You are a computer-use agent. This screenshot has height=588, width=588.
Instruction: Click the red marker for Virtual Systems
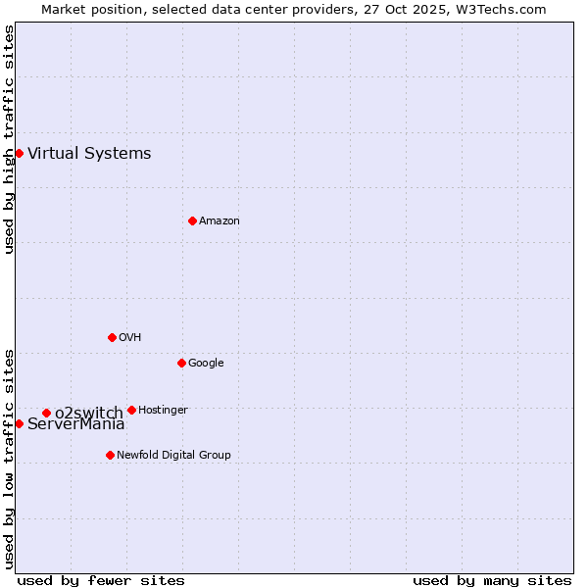[19, 153]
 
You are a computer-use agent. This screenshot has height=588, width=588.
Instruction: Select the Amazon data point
[192, 220]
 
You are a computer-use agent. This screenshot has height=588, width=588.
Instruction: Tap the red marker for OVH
[112, 337]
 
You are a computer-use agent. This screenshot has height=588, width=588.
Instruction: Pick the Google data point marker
[181, 363]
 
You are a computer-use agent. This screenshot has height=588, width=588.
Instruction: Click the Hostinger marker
[131, 410]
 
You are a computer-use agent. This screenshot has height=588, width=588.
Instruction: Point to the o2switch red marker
[46, 413]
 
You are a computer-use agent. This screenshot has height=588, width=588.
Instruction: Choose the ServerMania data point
[19, 423]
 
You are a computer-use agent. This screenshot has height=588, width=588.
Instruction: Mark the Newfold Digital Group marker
[110, 455]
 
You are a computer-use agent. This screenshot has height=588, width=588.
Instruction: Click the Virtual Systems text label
[89, 153]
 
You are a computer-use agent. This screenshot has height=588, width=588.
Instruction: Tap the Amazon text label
[220, 220]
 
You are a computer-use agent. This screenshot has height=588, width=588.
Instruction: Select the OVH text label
[130, 337]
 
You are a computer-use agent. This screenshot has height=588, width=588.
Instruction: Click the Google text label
[206, 363]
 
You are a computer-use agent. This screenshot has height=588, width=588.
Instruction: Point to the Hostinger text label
[163, 410]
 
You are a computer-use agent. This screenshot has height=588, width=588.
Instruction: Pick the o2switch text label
[88, 413]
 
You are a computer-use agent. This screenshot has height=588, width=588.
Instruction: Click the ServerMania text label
[76, 424]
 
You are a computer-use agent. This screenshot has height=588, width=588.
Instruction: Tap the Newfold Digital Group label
[173, 455]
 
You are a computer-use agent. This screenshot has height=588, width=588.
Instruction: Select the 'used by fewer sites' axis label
[101, 580]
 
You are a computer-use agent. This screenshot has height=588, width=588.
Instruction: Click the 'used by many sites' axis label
[492, 580]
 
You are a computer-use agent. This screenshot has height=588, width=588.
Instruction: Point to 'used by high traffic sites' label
[9, 139]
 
